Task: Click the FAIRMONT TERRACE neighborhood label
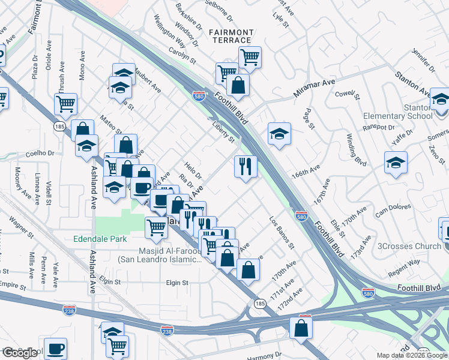(231, 36)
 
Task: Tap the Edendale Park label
(100, 239)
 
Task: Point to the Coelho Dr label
(40, 152)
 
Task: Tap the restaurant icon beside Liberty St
(246, 166)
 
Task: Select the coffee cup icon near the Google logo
(56, 348)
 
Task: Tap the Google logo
(20, 353)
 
